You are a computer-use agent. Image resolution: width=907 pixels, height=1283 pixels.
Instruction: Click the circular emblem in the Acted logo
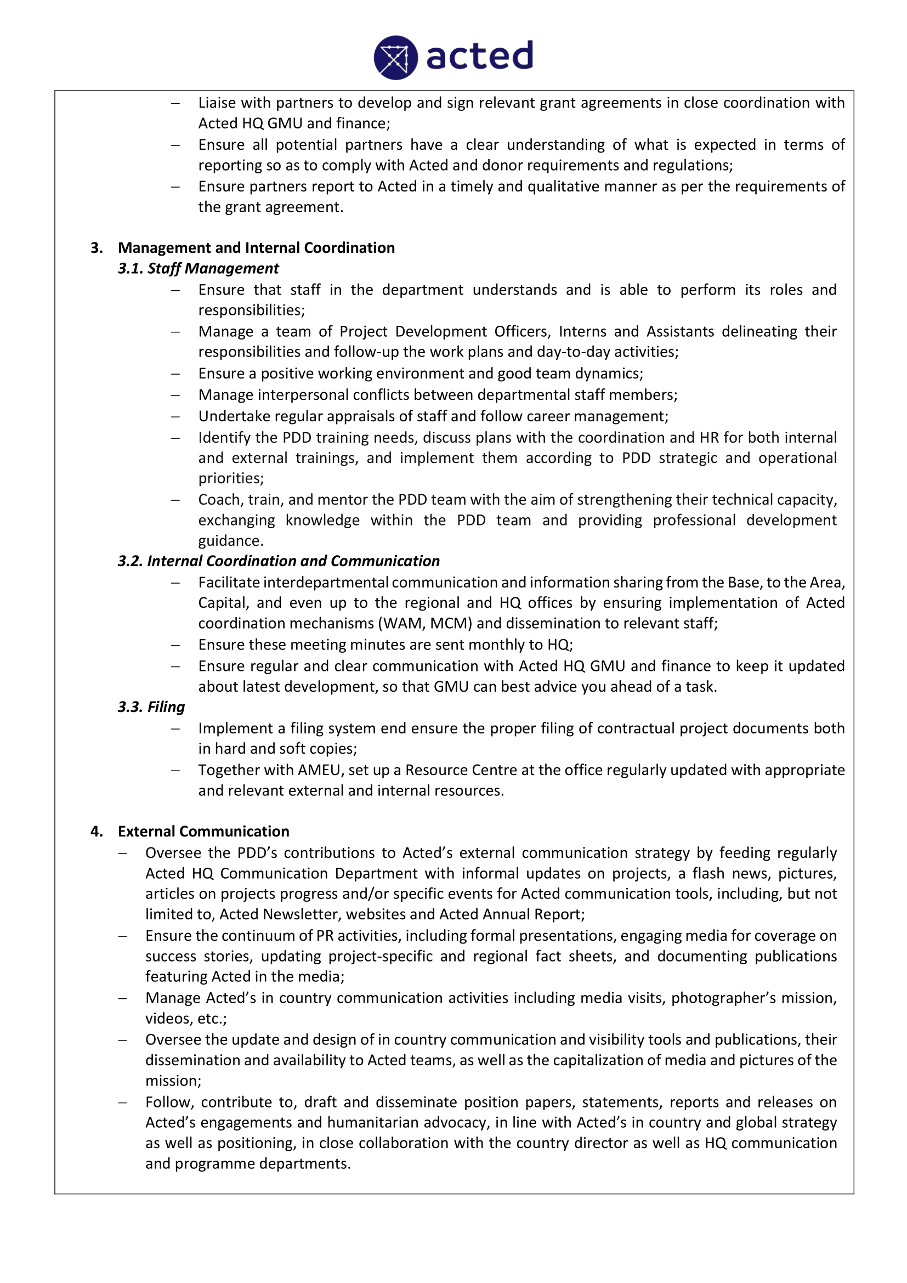pos(395,58)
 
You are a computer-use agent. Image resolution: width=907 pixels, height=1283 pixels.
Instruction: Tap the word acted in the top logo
pos(479,56)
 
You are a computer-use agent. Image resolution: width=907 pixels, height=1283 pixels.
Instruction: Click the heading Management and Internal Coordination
pos(256,247)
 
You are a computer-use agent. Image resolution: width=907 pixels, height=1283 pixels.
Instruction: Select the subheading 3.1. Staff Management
pos(199,268)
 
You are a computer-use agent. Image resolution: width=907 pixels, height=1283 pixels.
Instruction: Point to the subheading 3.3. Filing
pos(151,707)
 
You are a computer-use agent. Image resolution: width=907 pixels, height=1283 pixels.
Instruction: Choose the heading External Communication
pos(203,832)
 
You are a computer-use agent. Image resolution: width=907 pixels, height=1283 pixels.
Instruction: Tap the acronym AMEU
pos(320,770)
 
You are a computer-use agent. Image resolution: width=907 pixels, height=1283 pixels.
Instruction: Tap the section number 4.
pos(97,832)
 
